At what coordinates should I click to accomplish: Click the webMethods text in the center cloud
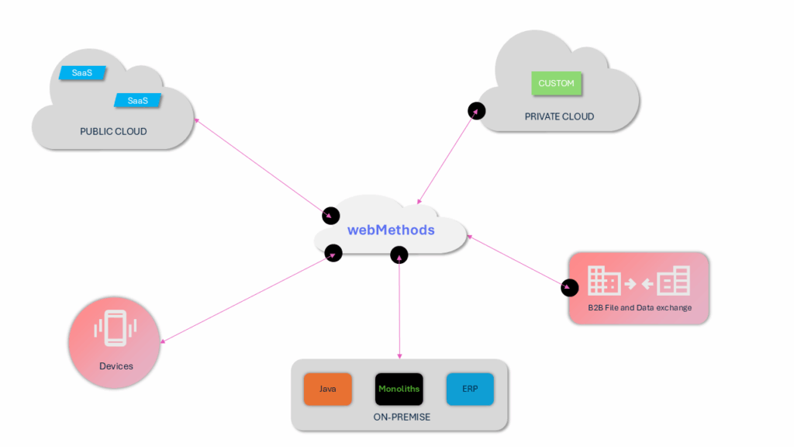391,230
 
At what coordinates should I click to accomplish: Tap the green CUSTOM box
556,83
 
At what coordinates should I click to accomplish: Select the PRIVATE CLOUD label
559,116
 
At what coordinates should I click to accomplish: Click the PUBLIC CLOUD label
113,131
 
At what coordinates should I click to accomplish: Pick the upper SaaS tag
82,73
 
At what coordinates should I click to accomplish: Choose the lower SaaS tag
137,100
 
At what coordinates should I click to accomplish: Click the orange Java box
327,389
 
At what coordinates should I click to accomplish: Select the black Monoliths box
399,389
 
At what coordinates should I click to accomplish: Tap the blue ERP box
470,389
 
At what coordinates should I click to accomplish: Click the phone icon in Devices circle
114,329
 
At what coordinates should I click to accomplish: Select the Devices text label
116,366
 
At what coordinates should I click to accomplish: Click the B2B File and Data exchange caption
640,308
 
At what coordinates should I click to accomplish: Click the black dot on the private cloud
477,110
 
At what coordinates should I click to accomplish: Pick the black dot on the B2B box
570,288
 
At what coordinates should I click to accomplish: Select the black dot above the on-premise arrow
399,254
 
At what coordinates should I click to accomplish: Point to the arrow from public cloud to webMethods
260,165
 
